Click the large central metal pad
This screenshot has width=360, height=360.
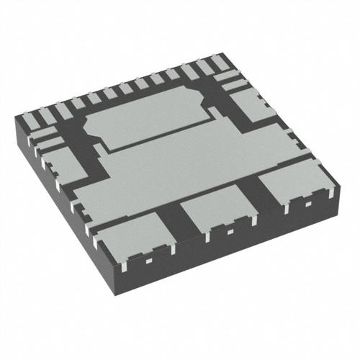point(194,166)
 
